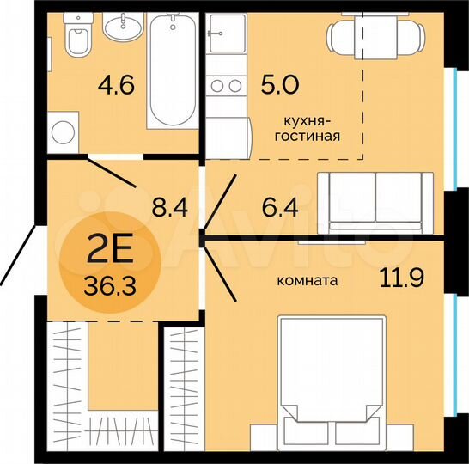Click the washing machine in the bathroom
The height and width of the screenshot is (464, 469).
[x=64, y=132]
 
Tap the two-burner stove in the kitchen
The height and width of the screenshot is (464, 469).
[x=226, y=86]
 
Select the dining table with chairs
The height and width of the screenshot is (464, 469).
[x=376, y=36]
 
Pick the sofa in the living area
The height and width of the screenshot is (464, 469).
[x=376, y=201]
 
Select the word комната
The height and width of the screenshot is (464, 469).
[x=307, y=280]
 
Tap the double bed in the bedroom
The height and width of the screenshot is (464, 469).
[x=331, y=378]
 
